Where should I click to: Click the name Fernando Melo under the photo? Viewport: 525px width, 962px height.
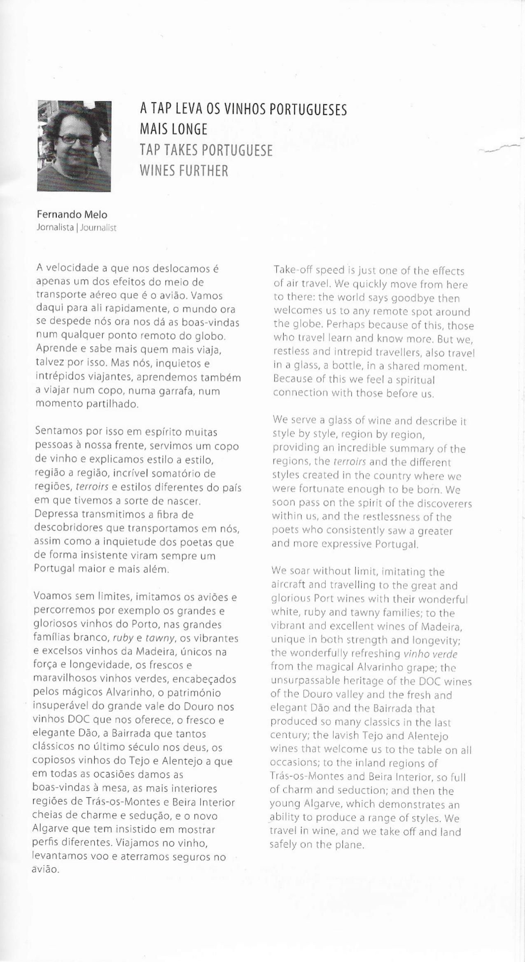coord(72,215)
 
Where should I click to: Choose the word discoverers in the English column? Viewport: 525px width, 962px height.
coord(443,504)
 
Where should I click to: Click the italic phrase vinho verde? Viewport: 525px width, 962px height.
coord(430,654)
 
